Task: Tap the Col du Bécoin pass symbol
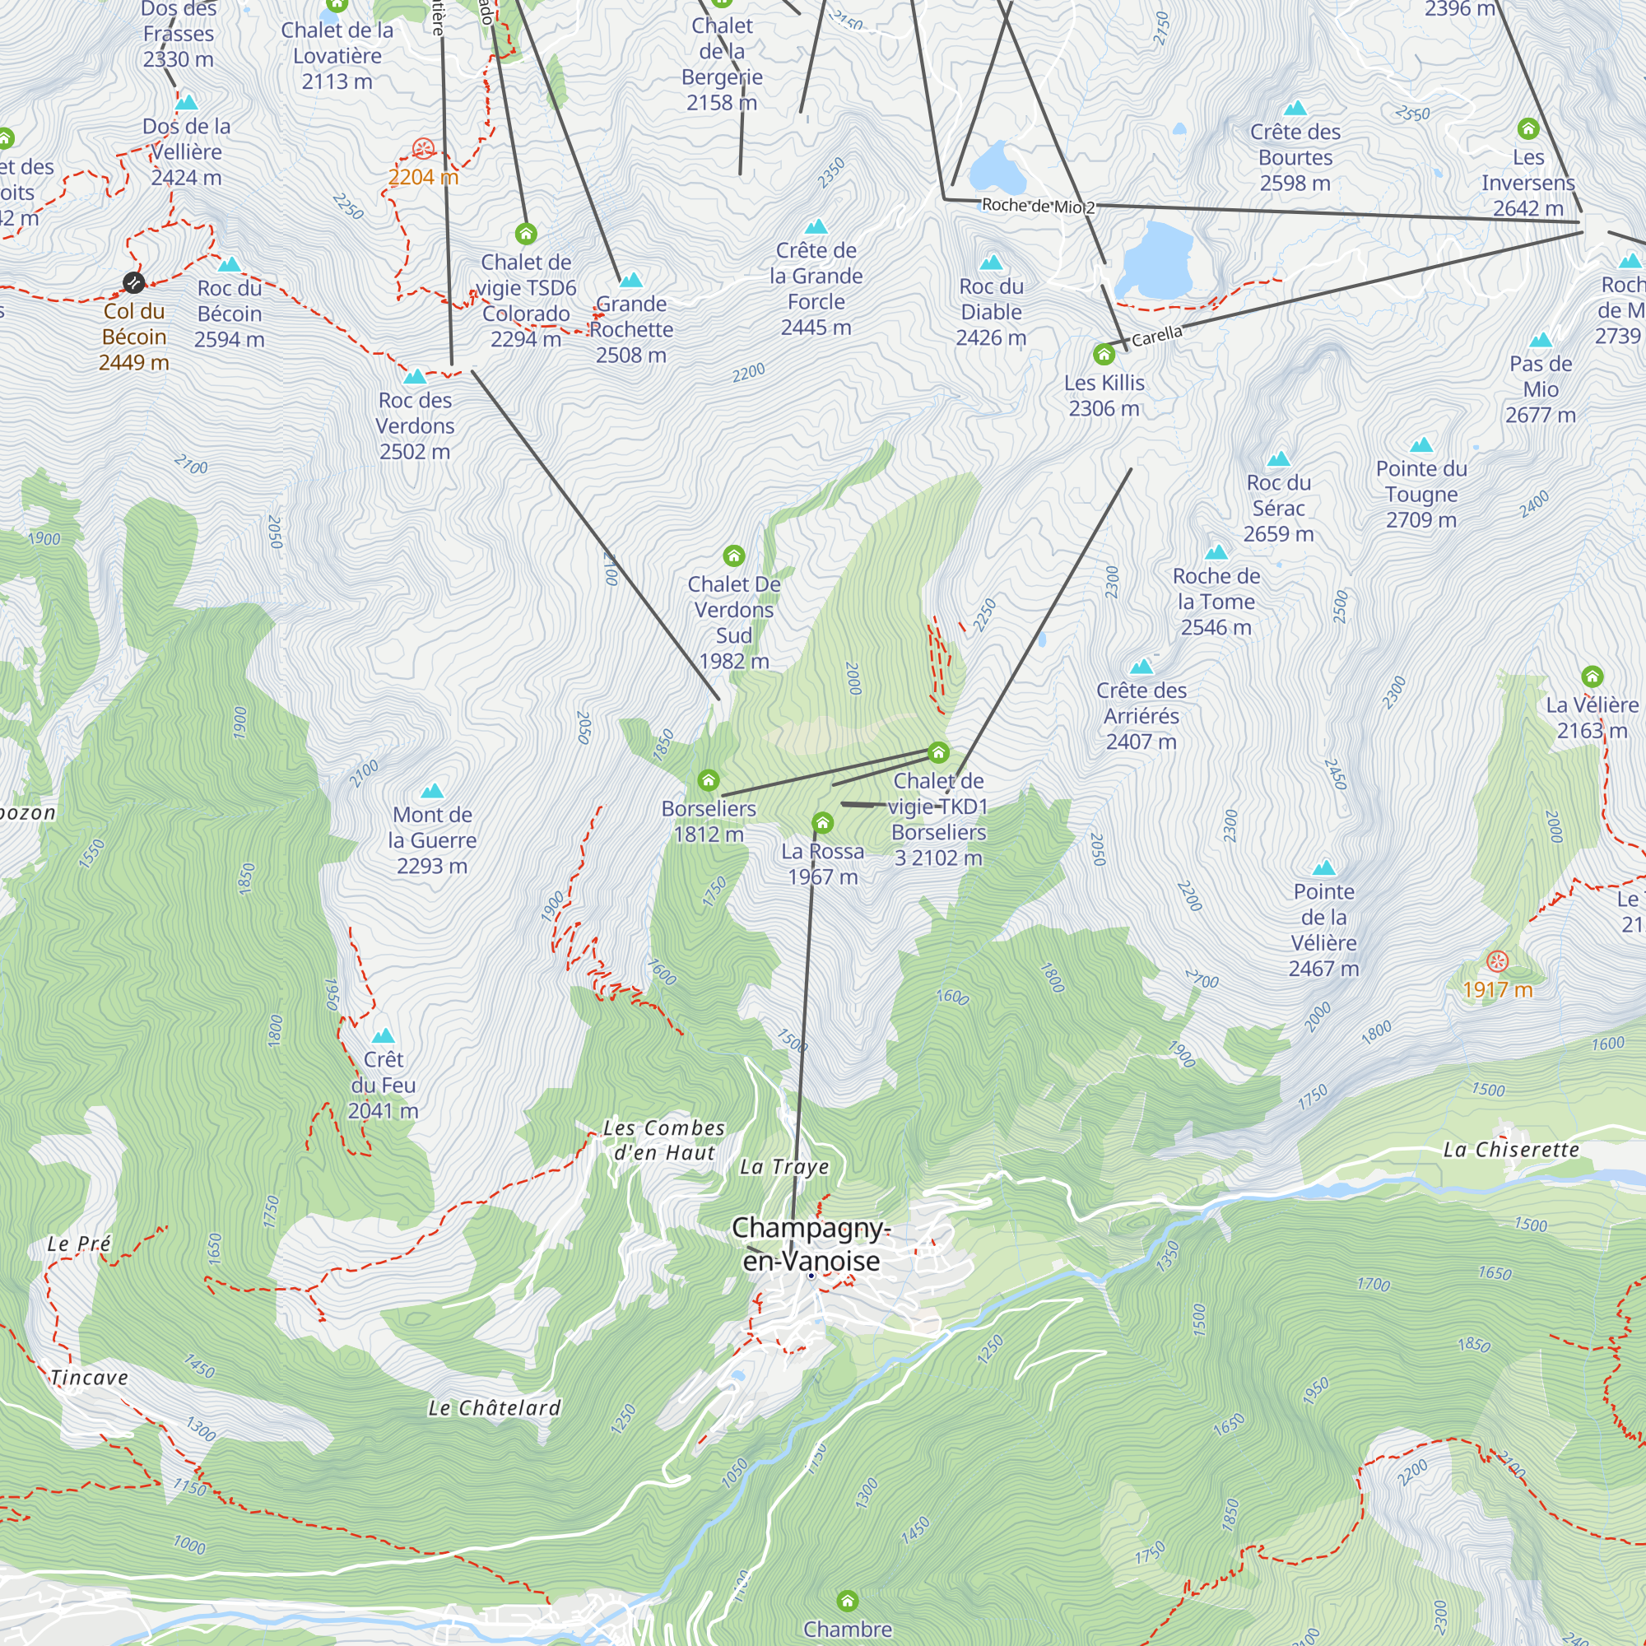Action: (x=134, y=282)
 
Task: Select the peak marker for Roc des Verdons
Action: (x=415, y=377)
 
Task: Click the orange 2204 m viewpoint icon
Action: (x=422, y=149)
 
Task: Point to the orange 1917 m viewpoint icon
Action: (x=1497, y=962)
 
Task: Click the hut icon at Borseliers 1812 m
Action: (x=708, y=780)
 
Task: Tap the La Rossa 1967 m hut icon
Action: (x=822, y=823)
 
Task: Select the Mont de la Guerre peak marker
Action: (x=432, y=792)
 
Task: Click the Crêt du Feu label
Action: (x=384, y=1085)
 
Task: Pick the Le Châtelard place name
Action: (x=494, y=1408)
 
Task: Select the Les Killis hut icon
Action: (x=1104, y=355)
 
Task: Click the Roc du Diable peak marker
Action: (x=991, y=263)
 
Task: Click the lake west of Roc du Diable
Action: (x=996, y=168)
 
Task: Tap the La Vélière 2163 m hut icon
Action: (x=1593, y=677)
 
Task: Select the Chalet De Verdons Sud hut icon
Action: (x=733, y=556)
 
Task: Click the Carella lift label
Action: (x=1156, y=337)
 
